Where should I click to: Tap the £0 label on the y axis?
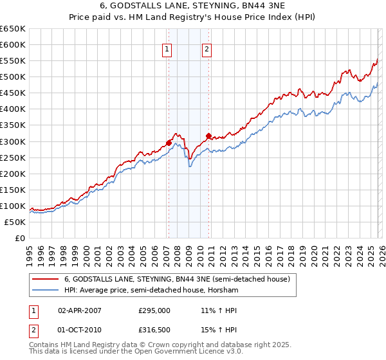click(19, 238)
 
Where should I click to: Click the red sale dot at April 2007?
click(169, 143)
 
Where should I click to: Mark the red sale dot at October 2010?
click(208, 136)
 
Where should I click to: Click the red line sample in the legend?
click(45, 280)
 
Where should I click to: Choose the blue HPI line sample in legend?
click(45, 291)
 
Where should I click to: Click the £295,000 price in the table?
click(154, 310)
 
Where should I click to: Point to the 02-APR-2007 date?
click(80, 310)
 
